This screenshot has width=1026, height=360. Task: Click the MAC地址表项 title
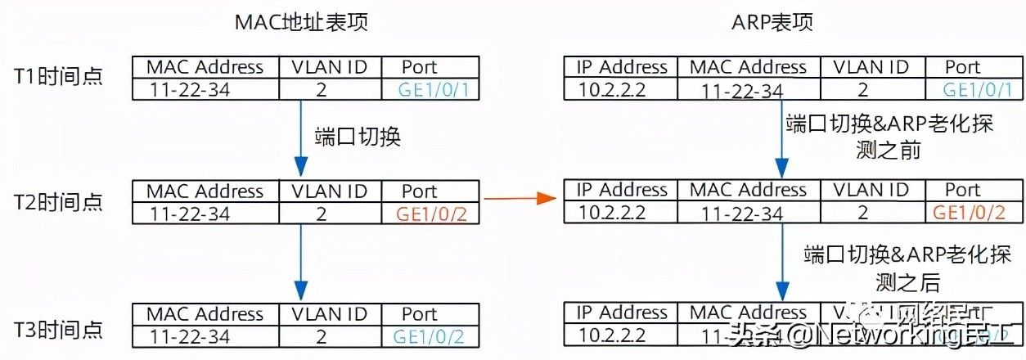point(301,22)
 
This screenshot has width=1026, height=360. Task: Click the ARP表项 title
point(772,22)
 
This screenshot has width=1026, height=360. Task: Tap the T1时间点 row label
point(58,77)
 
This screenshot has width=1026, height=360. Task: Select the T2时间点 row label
point(58,202)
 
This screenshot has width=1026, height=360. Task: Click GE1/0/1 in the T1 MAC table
point(432,89)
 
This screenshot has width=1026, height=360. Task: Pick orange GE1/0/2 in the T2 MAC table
point(431,214)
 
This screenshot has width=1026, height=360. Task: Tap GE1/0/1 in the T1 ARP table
point(977,89)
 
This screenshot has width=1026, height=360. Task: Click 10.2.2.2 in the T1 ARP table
point(611,89)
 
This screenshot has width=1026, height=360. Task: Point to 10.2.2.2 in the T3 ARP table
point(611,335)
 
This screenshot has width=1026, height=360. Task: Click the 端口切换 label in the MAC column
point(358,136)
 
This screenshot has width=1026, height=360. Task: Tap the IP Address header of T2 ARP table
point(622,191)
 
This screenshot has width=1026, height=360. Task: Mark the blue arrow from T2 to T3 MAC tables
point(301,262)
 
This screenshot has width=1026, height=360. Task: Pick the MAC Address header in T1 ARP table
point(749,67)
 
